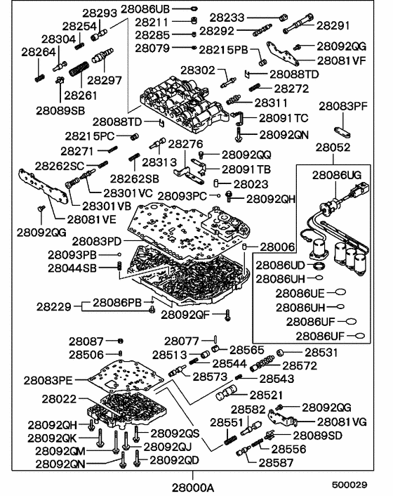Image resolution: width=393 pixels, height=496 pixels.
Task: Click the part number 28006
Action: pos(279,247)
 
